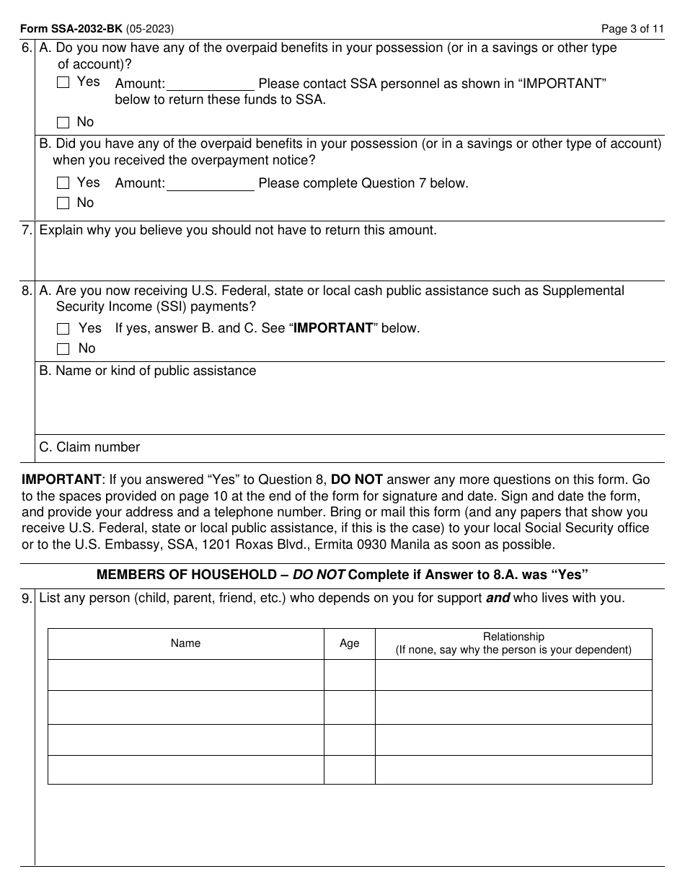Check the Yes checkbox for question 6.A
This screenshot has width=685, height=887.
[x=63, y=83]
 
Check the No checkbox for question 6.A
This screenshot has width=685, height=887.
[x=63, y=123]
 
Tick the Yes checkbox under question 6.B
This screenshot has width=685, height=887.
[x=63, y=183]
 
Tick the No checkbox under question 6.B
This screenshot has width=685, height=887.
[x=63, y=203]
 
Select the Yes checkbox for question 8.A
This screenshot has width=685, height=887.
[x=63, y=329]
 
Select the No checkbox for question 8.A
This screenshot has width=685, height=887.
[x=63, y=349]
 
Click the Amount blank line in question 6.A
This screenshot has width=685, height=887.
[x=211, y=84]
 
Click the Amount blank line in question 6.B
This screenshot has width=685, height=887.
[x=211, y=183]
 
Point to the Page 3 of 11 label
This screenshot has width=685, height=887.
[x=632, y=30]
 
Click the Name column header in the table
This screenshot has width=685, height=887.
[x=185, y=643]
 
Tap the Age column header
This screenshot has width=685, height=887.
[x=349, y=643]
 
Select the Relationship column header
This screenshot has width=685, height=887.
[x=513, y=643]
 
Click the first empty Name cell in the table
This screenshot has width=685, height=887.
[x=185, y=675]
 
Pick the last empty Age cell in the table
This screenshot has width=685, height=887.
[x=349, y=769]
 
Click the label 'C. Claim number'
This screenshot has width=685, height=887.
[x=89, y=447]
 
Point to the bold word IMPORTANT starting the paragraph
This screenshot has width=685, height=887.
[x=61, y=480]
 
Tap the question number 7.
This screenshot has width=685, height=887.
[x=27, y=231]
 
